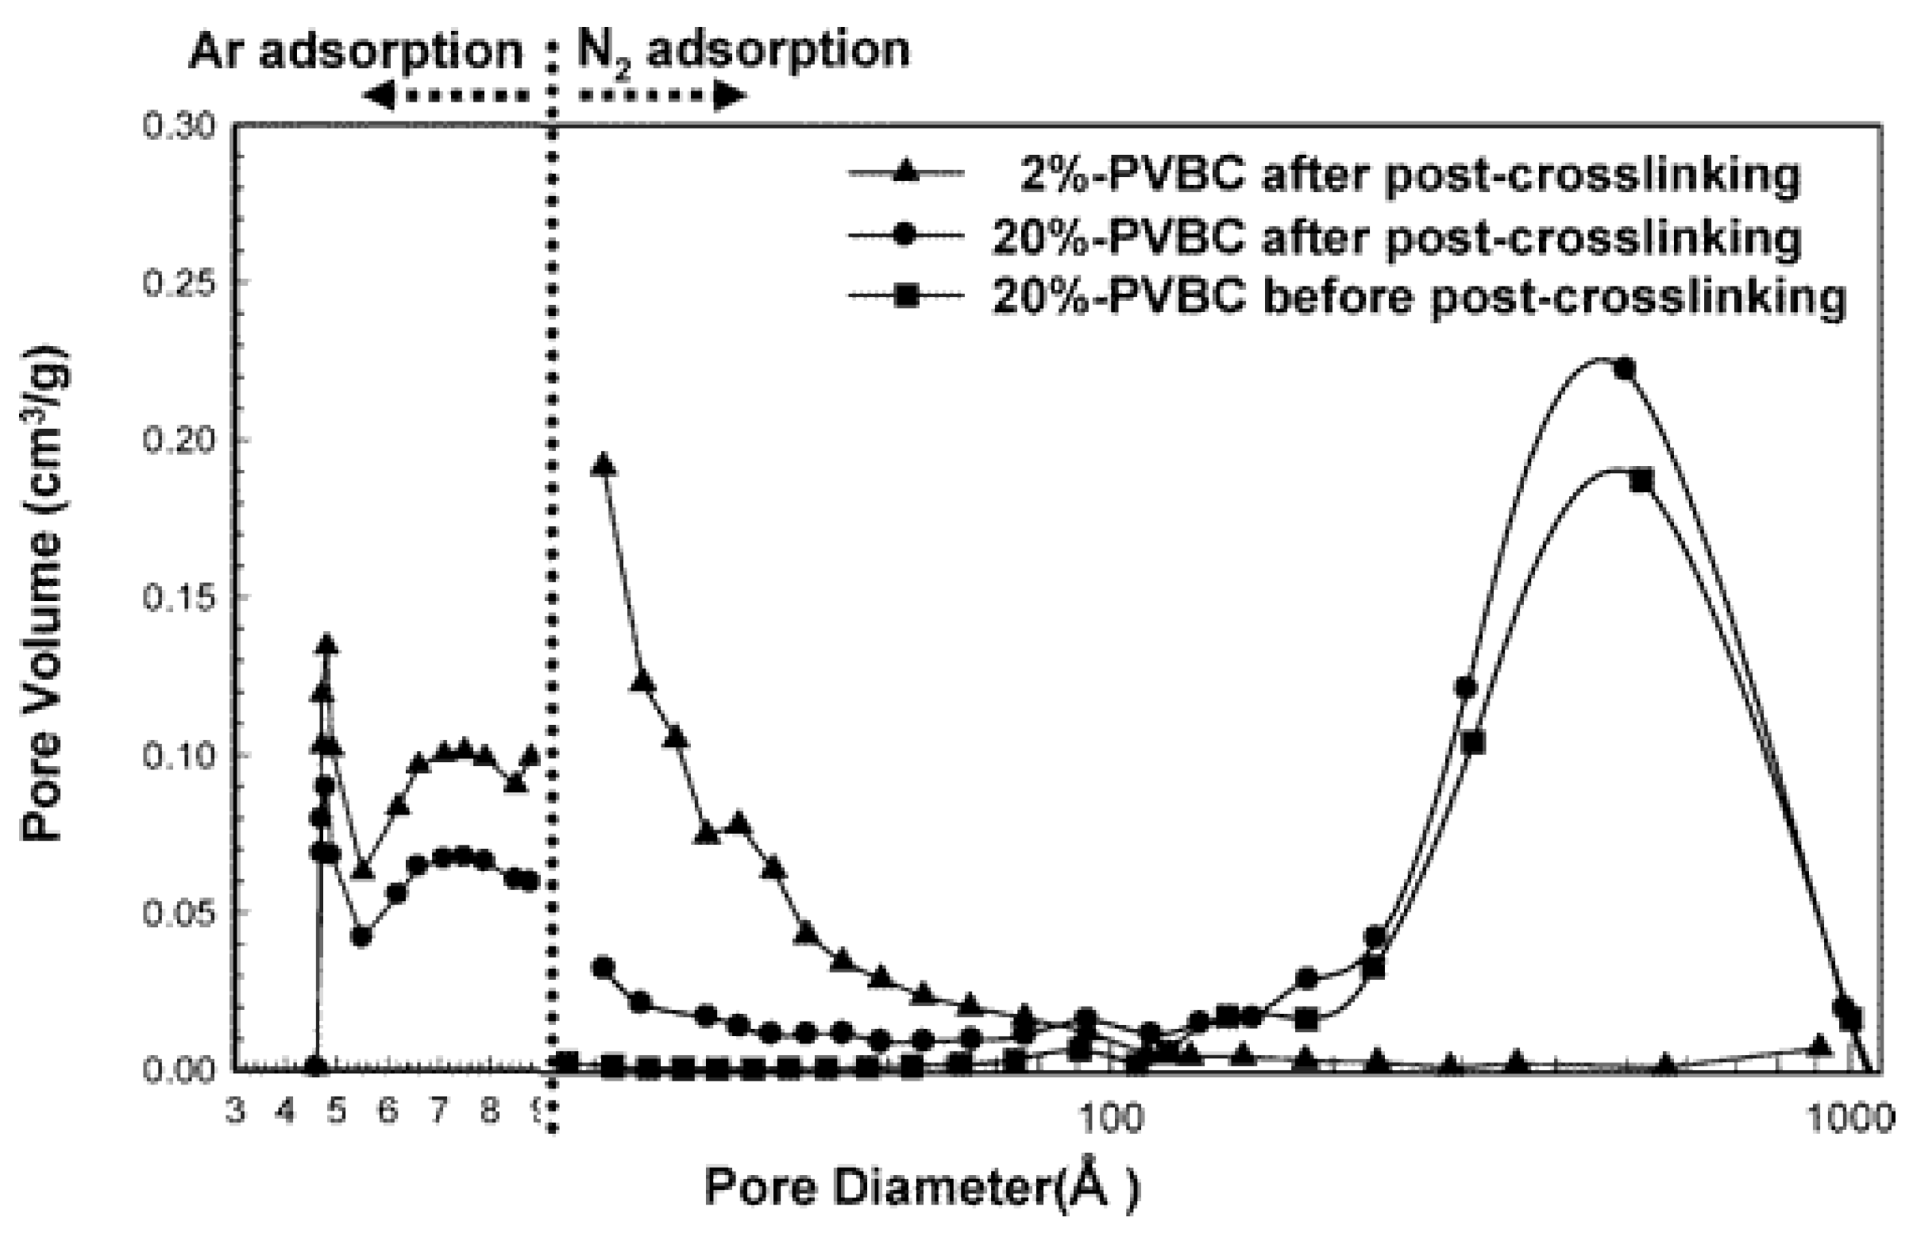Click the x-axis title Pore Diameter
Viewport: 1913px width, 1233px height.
pos(921,1189)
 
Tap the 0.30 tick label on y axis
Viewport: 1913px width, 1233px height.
pos(181,126)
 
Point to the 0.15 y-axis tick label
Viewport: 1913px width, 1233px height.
pos(181,597)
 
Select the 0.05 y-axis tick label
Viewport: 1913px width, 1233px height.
pos(181,913)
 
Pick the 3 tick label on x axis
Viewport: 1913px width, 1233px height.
pos(234,1112)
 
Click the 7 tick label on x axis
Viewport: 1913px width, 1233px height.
pos(439,1112)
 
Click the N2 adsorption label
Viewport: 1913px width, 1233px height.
pos(742,50)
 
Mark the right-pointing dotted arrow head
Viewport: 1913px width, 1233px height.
pos(731,96)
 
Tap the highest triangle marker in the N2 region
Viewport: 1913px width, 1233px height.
pos(604,465)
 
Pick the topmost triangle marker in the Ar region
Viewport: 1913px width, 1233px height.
pos(326,645)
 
